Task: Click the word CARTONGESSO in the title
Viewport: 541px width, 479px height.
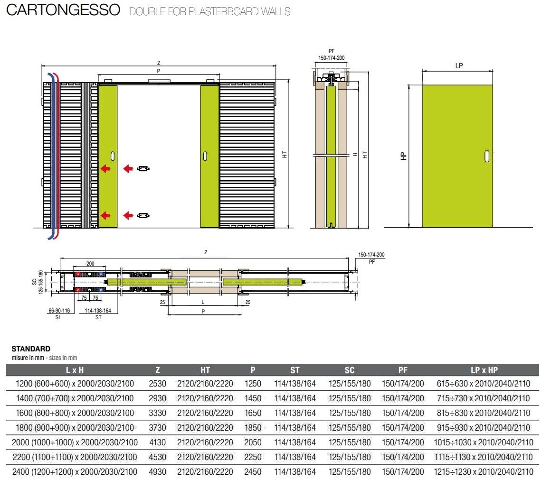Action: [x=63, y=10]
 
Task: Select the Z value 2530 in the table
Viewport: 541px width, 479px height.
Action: [x=158, y=383]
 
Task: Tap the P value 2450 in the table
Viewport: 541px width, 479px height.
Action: [x=253, y=472]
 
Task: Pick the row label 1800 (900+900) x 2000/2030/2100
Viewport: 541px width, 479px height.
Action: [x=75, y=427]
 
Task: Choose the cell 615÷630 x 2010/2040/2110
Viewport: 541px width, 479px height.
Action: [x=483, y=383]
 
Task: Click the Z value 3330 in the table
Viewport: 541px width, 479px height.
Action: [x=158, y=413]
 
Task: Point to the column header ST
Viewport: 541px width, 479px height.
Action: [x=295, y=370]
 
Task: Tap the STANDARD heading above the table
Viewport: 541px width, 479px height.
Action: [x=31, y=349]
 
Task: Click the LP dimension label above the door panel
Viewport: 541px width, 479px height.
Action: [x=459, y=65]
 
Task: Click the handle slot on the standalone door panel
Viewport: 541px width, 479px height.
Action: [x=487, y=156]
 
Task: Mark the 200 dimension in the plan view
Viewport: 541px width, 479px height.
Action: [x=90, y=263]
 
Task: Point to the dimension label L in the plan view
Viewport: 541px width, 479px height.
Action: [x=203, y=302]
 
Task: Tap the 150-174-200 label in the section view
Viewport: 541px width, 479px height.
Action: [x=332, y=58]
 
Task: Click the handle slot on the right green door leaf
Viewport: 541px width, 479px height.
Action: [x=205, y=156]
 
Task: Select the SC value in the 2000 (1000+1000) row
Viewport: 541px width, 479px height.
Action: [x=350, y=442]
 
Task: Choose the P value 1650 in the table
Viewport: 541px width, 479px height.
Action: [x=253, y=413]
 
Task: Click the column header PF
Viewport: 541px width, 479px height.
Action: [x=403, y=370]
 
